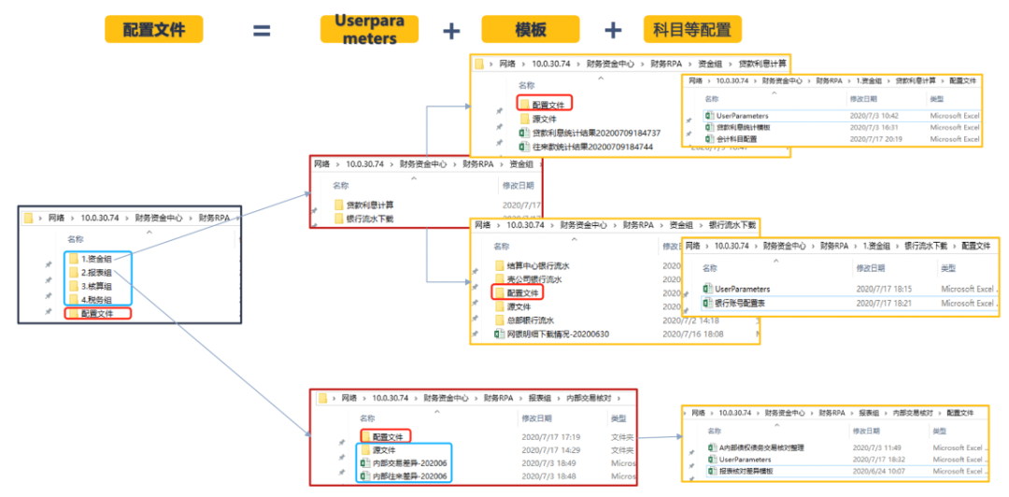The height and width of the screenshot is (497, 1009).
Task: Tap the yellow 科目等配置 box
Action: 692,29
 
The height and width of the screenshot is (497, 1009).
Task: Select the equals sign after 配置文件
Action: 261,31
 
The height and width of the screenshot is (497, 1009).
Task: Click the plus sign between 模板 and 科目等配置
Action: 613,30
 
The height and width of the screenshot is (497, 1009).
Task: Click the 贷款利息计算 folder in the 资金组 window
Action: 369,205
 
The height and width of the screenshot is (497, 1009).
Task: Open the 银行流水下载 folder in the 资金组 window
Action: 369,219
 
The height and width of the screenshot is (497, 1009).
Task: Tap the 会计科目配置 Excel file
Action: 742,139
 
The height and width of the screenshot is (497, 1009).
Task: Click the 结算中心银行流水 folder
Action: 536,266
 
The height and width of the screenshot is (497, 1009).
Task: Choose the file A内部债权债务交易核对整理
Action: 760,447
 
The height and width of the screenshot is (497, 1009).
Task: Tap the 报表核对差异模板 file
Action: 746,472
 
